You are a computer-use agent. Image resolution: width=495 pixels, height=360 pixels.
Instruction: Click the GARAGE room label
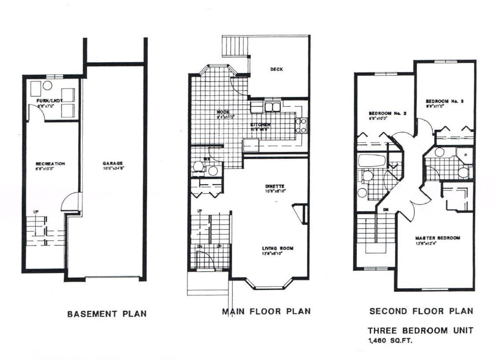(x=113, y=163)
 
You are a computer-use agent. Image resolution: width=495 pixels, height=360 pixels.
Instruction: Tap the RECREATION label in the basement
(x=50, y=164)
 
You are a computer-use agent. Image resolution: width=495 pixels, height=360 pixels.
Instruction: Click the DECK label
(x=276, y=69)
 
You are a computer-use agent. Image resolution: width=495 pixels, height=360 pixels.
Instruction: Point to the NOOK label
(x=223, y=112)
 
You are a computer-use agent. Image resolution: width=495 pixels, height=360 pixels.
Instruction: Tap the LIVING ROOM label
(x=277, y=248)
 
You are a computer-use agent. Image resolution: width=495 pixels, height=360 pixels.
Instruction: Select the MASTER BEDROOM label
(x=437, y=238)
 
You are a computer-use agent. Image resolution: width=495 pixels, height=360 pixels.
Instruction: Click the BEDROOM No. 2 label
(x=387, y=113)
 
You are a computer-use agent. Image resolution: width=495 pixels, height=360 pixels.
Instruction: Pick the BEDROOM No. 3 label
(x=444, y=101)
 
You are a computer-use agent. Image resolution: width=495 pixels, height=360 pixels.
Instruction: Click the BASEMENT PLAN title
(x=106, y=314)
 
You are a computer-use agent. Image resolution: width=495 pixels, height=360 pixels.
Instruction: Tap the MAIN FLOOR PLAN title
(x=266, y=312)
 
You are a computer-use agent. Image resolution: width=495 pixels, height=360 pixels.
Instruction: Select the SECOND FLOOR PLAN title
(x=421, y=312)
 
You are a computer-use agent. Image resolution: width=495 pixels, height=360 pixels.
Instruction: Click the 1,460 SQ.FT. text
(x=391, y=340)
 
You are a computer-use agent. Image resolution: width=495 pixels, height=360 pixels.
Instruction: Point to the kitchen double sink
(x=273, y=107)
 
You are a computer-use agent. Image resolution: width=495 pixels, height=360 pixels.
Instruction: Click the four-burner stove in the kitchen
(x=301, y=125)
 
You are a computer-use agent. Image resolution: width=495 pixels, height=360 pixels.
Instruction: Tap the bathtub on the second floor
(x=372, y=160)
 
